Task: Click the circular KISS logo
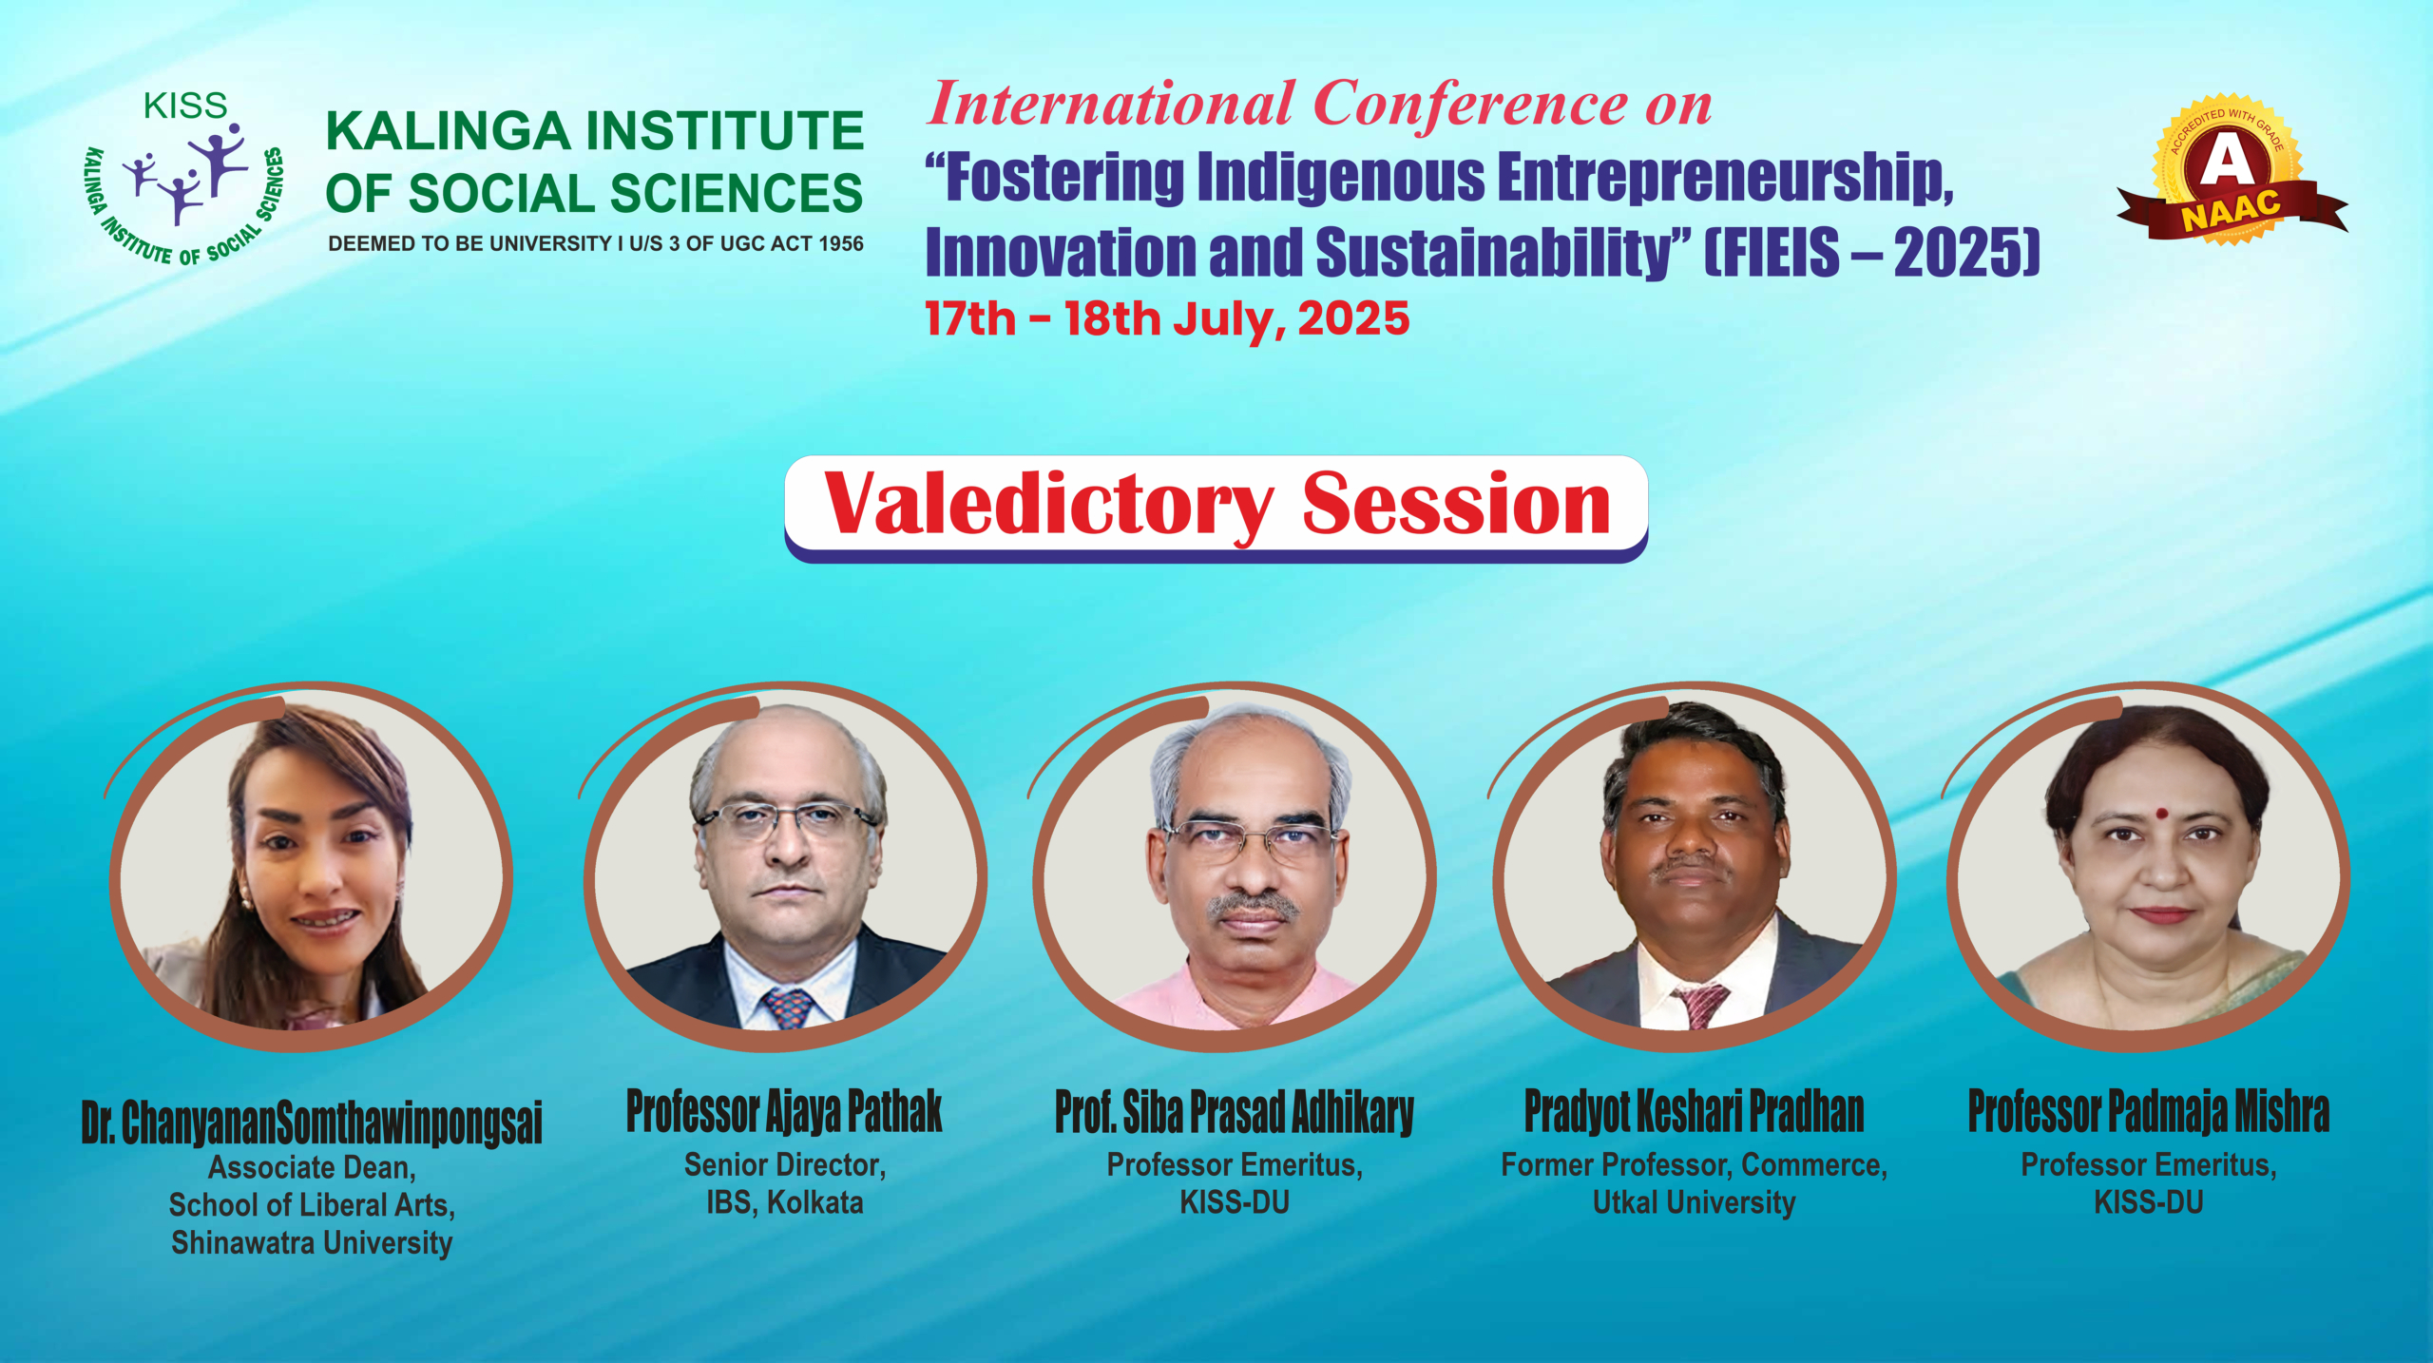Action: pyautogui.click(x=184, y=179)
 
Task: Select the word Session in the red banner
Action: pyautogui.click(x=1456, y=504)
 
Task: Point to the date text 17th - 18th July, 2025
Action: pyautogui.click(x=1167, y=318)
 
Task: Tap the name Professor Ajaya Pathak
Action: pyautogui.click(x=784, y=1111)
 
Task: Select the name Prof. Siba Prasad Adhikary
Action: pyautogui.click(x=1235, y=1111)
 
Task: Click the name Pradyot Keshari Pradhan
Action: pyautogui.click(x=1695, y=1111)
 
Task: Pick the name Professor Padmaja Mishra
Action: pyautogui.click(x=2149, y=1111)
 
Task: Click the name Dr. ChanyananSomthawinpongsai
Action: pyautogui.click(x=312, y=1122)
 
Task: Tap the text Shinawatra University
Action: pyautogui.click(x=312, y=1242)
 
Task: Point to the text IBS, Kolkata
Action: pyautogui.click(x=784, y=1202)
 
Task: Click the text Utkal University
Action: pyautogui.click(x=1695, y=1202)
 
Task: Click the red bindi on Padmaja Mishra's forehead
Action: pyautogui.click(x=2161, y=814)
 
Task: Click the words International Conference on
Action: pyautogui.click(x=1319, y=103)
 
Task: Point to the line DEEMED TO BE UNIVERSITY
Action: pyautogui.click(x=596, y=243)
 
